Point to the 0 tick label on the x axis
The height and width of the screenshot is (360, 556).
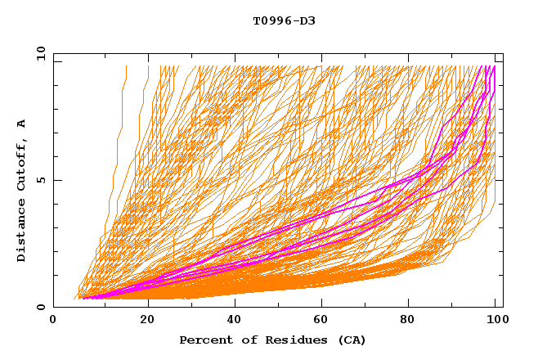pyautogui.click(x=53, y=321)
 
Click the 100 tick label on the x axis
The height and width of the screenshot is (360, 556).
pyautogui.click(x=495, y=321)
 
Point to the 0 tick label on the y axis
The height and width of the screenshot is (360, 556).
pyautogui.click(x=40, y=308)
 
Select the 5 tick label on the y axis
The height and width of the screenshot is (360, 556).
pyautogui.click(x=40, y=180)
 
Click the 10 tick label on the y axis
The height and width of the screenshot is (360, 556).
pyautogui.click(x=38, y=53)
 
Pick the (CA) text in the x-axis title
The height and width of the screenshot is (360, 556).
pyautogui.click(x=349, y=340)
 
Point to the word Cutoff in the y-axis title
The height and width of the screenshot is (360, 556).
pyautogui.click(x=22, y=166)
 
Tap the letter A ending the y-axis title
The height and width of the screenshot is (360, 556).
pyautogui.click(x=22, y=124)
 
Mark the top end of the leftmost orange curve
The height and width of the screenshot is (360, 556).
pyautogui.click(x=126, y=66)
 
